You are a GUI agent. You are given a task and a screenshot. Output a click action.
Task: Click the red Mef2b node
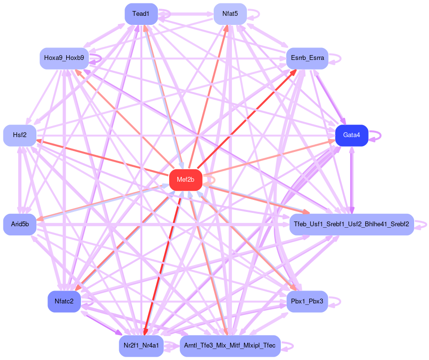pos(186,180)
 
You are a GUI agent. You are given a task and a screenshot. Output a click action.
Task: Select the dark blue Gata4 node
pos(351,135)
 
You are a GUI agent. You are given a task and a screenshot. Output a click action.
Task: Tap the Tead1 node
pos(141,14)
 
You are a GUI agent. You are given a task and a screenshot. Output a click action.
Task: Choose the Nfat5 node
pos(230,14)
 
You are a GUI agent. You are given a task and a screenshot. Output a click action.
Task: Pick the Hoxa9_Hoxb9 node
pos(64,58)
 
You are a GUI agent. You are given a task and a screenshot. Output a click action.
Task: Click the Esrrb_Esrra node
pos(307,58)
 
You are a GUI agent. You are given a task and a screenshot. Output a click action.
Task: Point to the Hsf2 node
pos(20,135)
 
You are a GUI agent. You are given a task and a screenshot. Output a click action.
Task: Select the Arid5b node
pos(20,224)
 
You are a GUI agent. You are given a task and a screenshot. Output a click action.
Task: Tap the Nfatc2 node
pos(64,301)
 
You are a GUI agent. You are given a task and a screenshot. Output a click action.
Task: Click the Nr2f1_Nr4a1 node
pos(141,345)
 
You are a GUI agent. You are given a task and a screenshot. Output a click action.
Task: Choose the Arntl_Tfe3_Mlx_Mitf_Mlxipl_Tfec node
pos(230,345)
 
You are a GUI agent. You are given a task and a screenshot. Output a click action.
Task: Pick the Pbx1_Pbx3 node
pos(307,301)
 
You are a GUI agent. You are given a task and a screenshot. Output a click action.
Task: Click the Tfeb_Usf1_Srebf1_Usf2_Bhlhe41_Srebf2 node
pos(351,224)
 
